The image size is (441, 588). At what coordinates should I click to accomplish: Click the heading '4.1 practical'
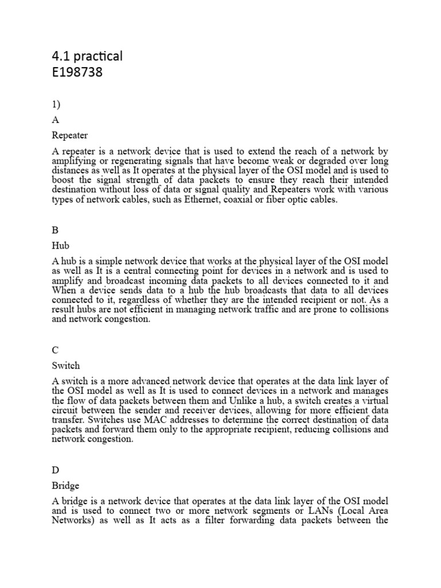pyautogui.click(x=87, y=56)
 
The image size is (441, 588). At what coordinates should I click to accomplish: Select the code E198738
pyautogui.click(x=78, y=73)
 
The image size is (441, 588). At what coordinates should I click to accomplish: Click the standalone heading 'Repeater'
pyautogui.click(x=69, y=136)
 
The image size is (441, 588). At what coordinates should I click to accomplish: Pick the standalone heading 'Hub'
pyautogui.click(x=60, y=246)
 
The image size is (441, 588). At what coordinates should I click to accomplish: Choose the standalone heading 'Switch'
pyautogui.click(x=65, y=365)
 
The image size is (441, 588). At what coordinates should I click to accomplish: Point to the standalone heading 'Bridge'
pyautogui.click(x=65, y=485)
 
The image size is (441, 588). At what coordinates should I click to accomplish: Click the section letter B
pyautogui.click(x=55, y=230)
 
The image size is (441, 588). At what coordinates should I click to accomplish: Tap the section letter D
pyautogui.click(x=56, y=470)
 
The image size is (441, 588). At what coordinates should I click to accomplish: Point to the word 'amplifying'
pyautogui.click(x=74, y=162)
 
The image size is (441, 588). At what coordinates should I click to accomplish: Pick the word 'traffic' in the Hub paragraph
pyautogui.click(x=274, y=310)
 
